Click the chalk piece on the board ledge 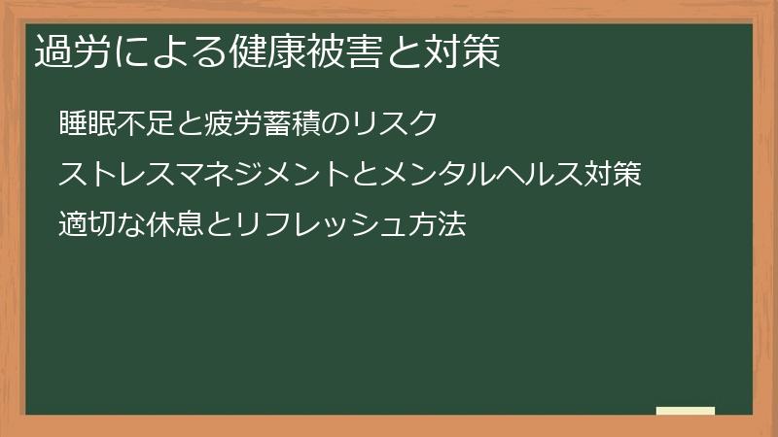pos(686,411)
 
